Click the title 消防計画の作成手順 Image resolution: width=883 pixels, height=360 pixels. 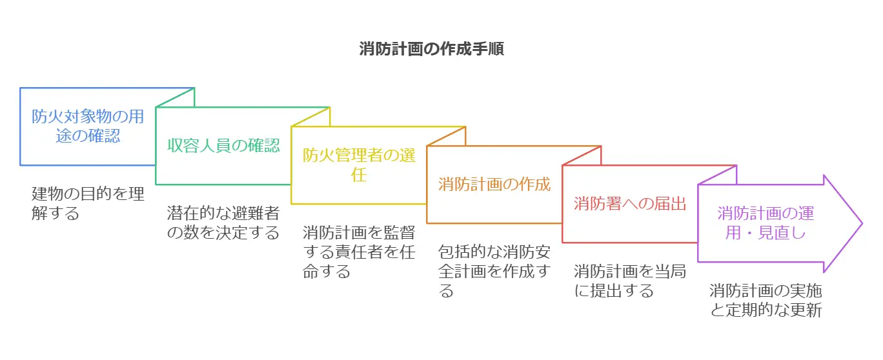[x=431, y=49]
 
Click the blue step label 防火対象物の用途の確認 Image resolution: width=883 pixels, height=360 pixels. [x=88, y=126]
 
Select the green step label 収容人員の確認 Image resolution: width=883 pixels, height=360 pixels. [x=223, y=145]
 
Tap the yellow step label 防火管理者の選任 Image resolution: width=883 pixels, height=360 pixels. [x=359, y=165]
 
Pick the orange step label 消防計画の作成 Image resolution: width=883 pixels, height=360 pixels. [x=494, y=184]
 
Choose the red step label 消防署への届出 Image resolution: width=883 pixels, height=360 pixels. [x=630, y=203]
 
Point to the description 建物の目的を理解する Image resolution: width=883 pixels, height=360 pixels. [x=88, y=203]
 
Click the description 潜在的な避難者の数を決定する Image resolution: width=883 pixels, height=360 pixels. [x=223, y=223]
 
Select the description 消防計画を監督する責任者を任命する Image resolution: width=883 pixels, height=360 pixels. [x=359, y=251]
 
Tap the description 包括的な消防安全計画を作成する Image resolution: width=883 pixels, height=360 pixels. [x=494, y=270]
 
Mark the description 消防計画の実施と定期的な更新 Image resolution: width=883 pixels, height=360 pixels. [x=766, y=300]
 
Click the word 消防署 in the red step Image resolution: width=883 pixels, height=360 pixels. [x=596, y=203]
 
